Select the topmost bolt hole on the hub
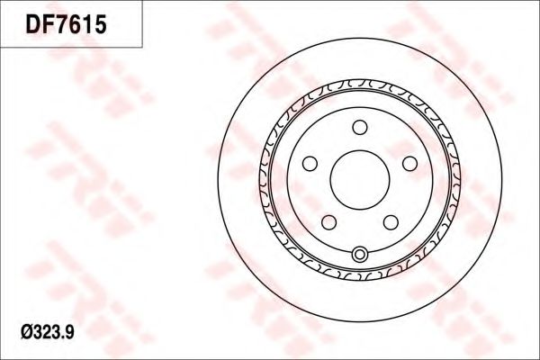pyautogui.click(x=359, y=126)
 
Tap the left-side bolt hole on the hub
pyautogui.click(x=310, y=163)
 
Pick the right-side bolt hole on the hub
pyautogui.click(x=409, y=163)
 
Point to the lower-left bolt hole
pyautogui.click(x=328, y=221)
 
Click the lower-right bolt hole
pyautogui.click(x=390, y=221)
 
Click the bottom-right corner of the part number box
pyautogui.click(x=143, y=46)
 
